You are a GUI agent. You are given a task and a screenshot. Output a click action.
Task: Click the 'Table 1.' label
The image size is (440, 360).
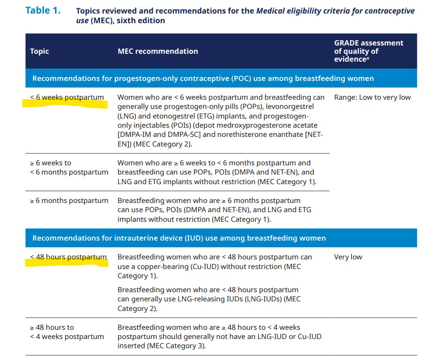[x=43, y=10]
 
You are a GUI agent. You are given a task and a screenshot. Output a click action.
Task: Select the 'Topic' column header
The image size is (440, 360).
[x=39, y=51]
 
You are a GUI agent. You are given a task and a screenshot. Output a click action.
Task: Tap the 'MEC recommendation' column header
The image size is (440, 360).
[x=157, y=51]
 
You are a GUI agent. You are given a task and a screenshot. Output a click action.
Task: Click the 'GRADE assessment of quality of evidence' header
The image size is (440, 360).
[x=368, y=51]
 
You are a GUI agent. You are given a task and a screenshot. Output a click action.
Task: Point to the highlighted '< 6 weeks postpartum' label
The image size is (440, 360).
[x=67, y=98]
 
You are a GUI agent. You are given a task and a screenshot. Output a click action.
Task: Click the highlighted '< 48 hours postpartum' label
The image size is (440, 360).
[x=68, y=257]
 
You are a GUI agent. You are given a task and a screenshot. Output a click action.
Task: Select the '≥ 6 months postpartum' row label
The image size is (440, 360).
[x=69, y=201]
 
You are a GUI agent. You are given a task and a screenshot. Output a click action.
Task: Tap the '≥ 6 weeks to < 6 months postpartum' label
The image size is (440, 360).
[x=69, y=168]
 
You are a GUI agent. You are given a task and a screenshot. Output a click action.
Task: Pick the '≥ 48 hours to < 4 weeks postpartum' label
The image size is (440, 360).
[x=67, y=332]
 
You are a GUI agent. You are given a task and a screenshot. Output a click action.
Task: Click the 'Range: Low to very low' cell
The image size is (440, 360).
[x=372, y=98]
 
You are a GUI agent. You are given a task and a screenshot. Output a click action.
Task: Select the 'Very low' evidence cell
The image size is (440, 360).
[x=348, y=257]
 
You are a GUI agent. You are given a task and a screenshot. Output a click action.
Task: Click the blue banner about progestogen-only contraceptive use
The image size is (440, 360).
[x=203, y=79]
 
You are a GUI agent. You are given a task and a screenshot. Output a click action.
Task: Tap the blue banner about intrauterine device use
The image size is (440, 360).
[x=179, y=238]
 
